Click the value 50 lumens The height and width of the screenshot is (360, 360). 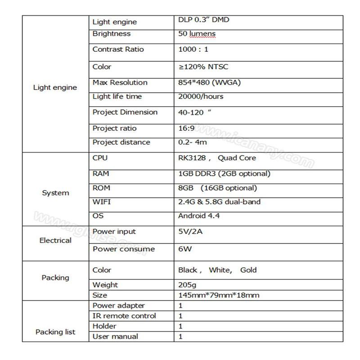[197, 34]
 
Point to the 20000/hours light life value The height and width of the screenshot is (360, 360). [201, 96]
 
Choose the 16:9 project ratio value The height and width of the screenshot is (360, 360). [187, 128]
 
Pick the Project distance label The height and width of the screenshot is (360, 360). [121, 142]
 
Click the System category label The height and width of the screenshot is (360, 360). [55, 193]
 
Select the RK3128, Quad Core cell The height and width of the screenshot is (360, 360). [217, 158]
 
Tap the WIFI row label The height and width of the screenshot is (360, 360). [101, 202]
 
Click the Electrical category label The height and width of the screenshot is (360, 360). [55, 240]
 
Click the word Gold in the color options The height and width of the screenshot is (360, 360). [248, 270]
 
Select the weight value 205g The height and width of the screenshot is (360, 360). [187, 285]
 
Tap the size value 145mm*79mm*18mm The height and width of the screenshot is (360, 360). [219, 295]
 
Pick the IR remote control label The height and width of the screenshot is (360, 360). [124, 316]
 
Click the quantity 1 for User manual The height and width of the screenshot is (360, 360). [180, 336]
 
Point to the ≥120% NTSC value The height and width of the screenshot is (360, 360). [203, 67]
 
